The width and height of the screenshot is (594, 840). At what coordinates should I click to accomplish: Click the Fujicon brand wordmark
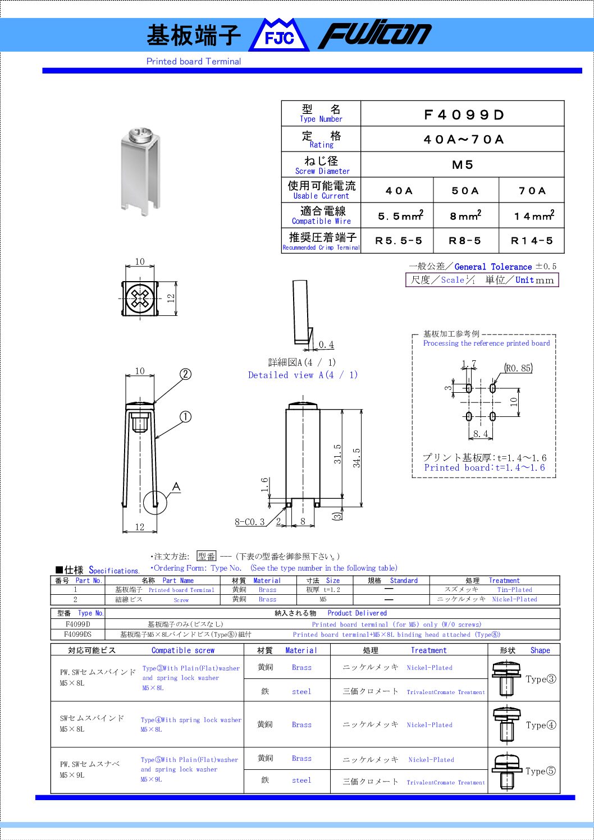375,35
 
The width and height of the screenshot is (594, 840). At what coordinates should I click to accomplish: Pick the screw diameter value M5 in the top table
463,165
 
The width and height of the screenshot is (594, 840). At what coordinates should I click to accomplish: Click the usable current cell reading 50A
465,191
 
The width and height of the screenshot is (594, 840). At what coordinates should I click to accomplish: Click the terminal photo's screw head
138,135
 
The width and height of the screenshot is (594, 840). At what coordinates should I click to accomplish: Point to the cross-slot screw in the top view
140,298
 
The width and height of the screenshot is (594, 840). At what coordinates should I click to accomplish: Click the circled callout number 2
186,374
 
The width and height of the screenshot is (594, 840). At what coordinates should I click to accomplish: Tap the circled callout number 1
186,417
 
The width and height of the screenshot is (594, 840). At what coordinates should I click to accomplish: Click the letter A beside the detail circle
176,486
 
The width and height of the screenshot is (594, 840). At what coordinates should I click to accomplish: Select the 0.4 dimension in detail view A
326,345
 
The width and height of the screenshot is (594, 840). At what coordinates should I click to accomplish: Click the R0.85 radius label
518,369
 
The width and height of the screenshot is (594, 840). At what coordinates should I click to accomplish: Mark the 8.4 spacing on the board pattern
481,434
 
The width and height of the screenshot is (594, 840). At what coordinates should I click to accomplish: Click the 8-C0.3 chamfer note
250,522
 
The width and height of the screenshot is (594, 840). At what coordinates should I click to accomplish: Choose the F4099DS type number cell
77,635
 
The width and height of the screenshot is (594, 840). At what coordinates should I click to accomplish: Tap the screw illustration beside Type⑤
506,771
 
